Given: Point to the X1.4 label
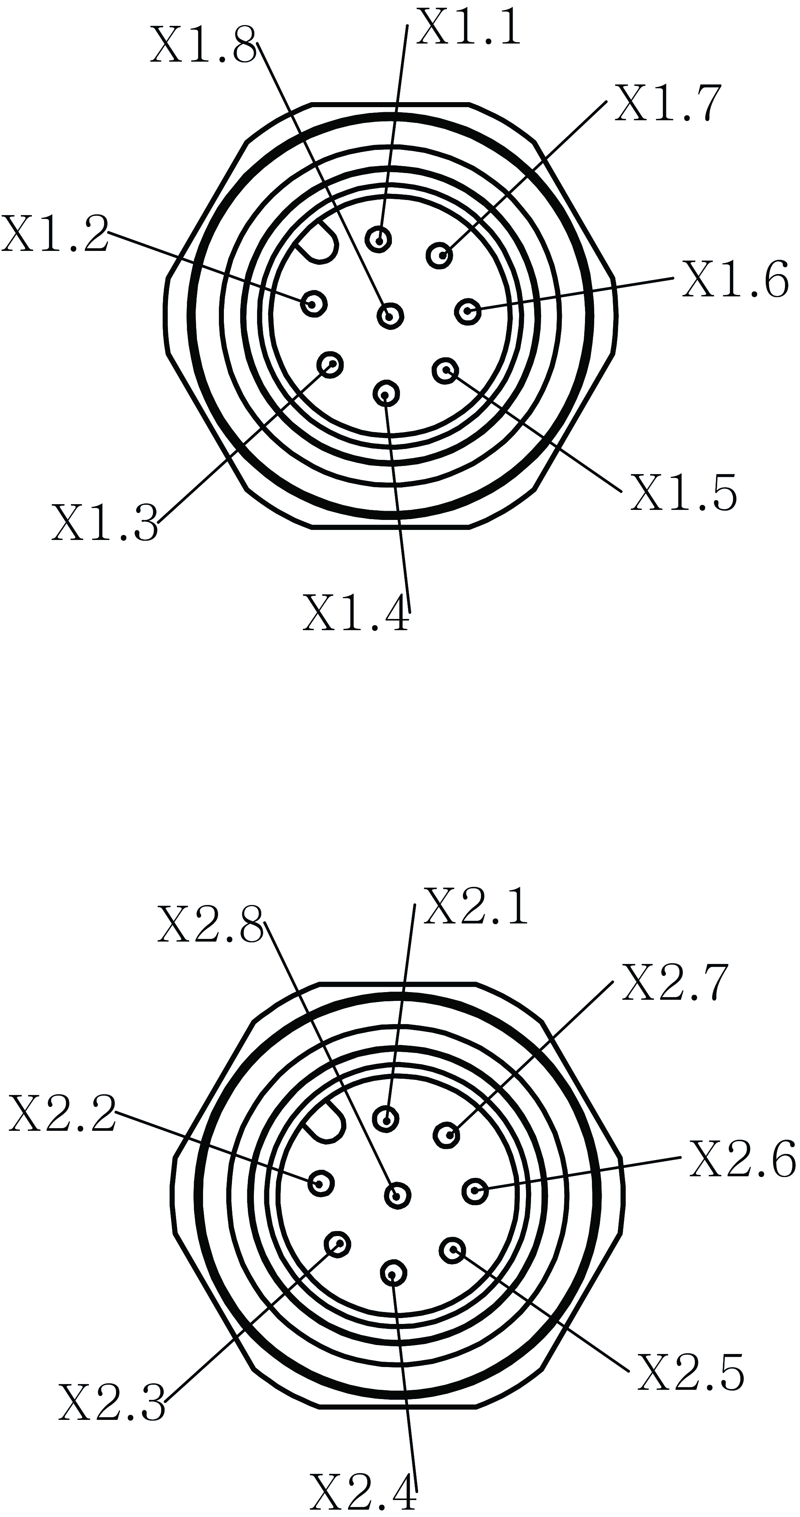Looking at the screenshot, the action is tap(356, 613).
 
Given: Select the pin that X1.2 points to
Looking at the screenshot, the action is tap(314, 304).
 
